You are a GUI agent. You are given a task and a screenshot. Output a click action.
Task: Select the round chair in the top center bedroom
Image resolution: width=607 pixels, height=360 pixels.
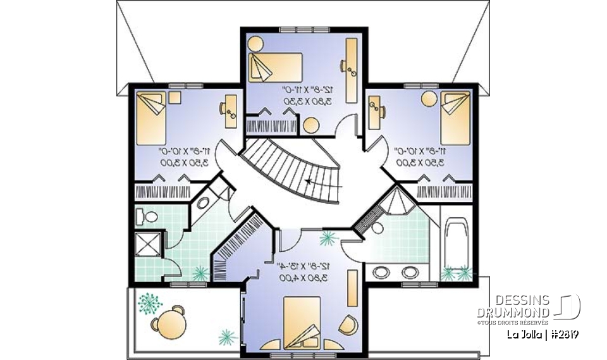pyautogui.click(x=255, y=44)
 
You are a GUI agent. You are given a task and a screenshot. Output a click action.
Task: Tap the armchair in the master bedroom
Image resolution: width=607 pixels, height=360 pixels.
pyautogui.click(x=348, y=325)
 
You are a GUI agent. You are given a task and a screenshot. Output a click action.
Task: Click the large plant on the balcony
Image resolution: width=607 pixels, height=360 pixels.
pyautogui.click(x=150, y=302)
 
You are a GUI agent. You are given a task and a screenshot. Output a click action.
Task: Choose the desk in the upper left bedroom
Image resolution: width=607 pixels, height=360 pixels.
pyautogui.click(x=231, y=108)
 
